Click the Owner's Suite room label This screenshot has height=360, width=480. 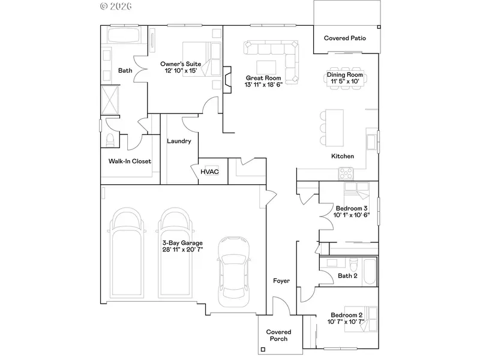click(x=181, y=64)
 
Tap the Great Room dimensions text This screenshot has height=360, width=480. click(x=263, y=85)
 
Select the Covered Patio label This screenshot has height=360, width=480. click(x=345, y=38)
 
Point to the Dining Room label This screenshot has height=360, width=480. click(x=344, y=74)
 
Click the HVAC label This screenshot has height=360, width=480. click(x=209, y=172)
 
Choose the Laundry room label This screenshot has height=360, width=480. click(x=179, y=141)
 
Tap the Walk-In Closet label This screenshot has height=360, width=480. click(x=130, y=161)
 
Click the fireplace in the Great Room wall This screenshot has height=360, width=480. click(x=227, y=80)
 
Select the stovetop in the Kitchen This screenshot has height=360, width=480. click(x=346, y=173)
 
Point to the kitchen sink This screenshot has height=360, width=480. click(x=371, y=142)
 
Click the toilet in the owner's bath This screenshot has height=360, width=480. click(x=110, y=140)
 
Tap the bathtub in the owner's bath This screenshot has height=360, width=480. click(x=124, y=35)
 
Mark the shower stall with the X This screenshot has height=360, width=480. click(x=110, y=100)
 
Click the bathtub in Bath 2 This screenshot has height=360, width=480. click(x=370, y=271)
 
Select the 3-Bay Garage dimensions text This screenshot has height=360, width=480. click(x=182, y=250)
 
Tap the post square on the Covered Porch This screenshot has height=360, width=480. click(x=263, y=349)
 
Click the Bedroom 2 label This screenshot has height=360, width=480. click(x=347, y=315)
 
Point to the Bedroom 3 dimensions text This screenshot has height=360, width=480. click(x=352, y=215)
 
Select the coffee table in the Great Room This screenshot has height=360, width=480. click(x=266, y=67)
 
